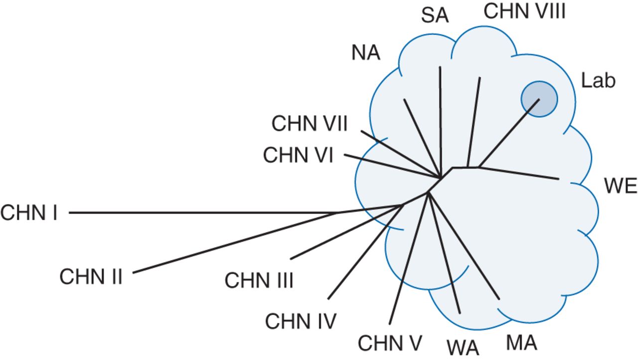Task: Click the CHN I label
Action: (29, 213)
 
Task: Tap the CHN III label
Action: (259, 281)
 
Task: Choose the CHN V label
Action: (390, 343)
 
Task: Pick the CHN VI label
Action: (298, 156)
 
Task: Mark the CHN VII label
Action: (309, 124)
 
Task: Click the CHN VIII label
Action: (524, 11)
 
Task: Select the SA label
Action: (435, 16)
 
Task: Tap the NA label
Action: (366, 53)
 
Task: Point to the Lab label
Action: (598, 81)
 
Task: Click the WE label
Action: (621, 186)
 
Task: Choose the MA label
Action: (521, 343)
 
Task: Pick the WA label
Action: (463, 348)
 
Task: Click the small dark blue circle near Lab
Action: (539, 99)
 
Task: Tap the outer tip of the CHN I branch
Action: (69, 213)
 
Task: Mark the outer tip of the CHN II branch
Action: (134, 273)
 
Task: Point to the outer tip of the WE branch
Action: (559, 178)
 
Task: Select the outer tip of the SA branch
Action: (440, 67)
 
